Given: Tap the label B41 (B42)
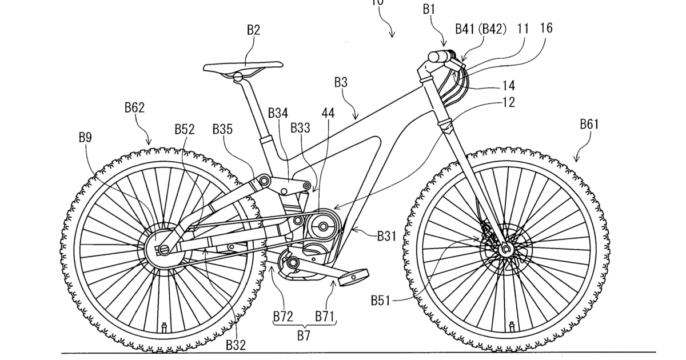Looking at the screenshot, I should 481,29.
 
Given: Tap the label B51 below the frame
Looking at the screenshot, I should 381,299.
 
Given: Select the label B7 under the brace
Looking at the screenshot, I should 304,335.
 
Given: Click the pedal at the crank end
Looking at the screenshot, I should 353,279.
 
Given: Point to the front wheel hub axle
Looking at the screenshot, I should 505,249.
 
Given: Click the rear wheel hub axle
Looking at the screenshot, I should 162,249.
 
